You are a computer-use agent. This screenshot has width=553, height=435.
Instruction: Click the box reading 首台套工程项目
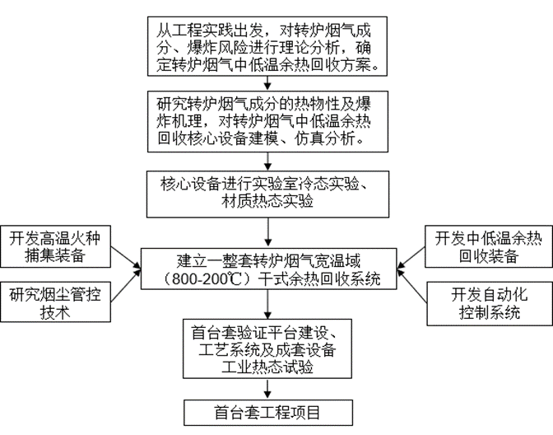pyautogui.click(x=268, y=413)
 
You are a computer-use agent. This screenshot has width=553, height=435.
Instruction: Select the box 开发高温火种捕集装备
pyautogui.click(x=55, y=246)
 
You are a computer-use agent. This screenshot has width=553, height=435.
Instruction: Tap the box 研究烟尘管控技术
pyautogui.click(x=55, y=302)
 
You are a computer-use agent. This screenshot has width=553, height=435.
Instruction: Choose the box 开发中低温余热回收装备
pyautogui.click(x=489, y=246)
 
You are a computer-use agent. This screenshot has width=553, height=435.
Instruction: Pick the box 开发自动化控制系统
pyautogui.click(x=490, y=303)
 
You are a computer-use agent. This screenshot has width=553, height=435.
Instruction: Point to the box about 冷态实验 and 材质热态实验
pyautogui.click(x=268, y=194)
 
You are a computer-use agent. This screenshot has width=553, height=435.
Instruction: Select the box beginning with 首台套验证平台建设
pyautogui.click(x=267, y=348)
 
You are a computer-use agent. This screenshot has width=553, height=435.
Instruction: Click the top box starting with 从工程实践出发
pyautogui.click(x=267, y=46)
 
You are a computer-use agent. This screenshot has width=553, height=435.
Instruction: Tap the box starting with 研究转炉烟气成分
pyautogui.click(x=267, y=122)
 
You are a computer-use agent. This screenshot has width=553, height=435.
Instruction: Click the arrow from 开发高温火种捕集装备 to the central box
pyautogui.click(x=126, y=258)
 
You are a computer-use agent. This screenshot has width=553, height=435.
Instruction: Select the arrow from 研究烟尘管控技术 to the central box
pyautogui.click(x=126, y=286)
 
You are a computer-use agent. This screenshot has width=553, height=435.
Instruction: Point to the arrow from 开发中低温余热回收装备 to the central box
pyautogui.click(x=411, y=258)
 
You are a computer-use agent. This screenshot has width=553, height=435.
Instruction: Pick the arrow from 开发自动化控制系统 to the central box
pyautogui.click(x=412, y=286)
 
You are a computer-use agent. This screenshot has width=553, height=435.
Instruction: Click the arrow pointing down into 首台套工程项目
pyautogui.click(x=267, y=389)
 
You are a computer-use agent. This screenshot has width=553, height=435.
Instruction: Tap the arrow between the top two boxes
pyautogui.click(x=267, y=83)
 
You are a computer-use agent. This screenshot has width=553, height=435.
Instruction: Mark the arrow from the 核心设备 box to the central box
pyautogui.click(x=268, y=232)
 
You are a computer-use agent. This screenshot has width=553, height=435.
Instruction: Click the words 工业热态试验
pyautogui.click(x=267, y=367)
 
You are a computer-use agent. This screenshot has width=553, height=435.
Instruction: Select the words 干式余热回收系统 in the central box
pyautogui.click(x=319, y=279)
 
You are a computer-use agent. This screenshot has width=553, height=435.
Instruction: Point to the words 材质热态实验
pyautogui.click(x=267, y=202)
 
